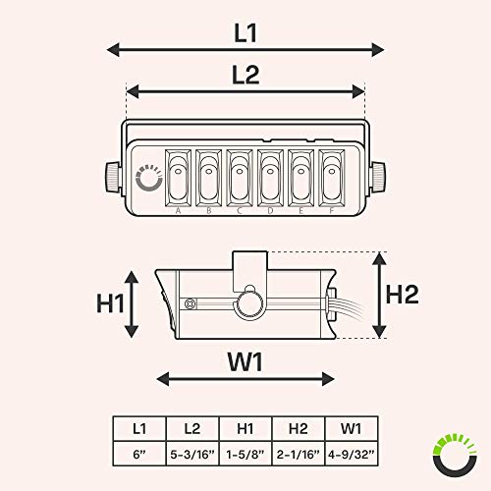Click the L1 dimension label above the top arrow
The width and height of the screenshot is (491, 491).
[x=245, y=33]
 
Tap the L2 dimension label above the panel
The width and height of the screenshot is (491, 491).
[x=245, y=75]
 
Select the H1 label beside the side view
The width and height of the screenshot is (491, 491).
[x=110, y=303]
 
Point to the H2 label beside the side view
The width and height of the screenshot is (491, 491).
[x=403, y=295]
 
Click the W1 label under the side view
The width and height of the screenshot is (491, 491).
[x=245, y=362]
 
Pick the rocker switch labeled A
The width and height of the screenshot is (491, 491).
[x=178, y=178]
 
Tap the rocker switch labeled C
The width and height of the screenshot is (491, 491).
[x=240, y=178]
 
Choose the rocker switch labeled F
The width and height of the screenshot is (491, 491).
[x=332, y=178]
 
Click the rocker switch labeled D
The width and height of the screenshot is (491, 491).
[x=270, y=178]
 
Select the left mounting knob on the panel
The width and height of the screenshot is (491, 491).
[x=113, y=177]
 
